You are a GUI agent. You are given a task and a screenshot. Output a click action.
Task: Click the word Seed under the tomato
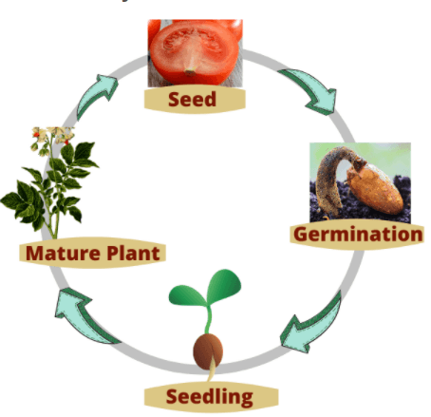click(x=193, y=99)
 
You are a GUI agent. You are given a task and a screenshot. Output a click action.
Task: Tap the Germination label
click(x=358, y=235)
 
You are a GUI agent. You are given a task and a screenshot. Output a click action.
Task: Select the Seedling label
click(x=210, y=397)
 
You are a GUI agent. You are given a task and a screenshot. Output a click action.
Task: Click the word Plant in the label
click(x=133, y=253)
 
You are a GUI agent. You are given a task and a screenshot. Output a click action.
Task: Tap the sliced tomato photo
click(x=196, y=53)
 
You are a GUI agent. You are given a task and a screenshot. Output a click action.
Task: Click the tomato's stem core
click(x=190, y=72)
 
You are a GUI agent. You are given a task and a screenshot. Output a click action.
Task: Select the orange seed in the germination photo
click(x=375, y=188)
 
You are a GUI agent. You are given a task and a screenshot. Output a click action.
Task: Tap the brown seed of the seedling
click(x=208, y=351)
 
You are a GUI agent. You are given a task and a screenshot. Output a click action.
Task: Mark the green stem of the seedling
click(x=208, y=319)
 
